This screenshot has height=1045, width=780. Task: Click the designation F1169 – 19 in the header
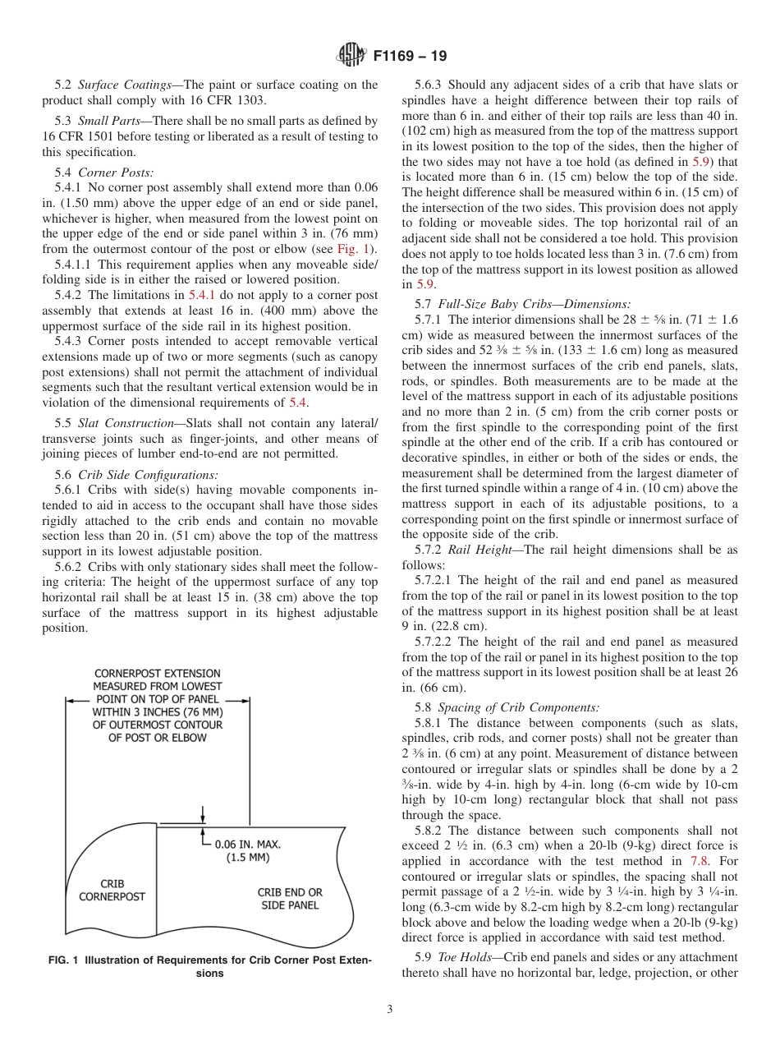point(410,57)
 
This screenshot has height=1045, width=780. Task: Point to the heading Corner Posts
point(116,173)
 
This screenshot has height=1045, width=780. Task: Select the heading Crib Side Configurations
point(149,475)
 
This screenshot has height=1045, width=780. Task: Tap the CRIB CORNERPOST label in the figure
point(112,891)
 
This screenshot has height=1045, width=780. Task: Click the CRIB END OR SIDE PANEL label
point(290,898)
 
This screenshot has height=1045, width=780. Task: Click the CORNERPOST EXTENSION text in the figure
point(157,673)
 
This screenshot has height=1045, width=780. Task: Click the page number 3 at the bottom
point(390,1010)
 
